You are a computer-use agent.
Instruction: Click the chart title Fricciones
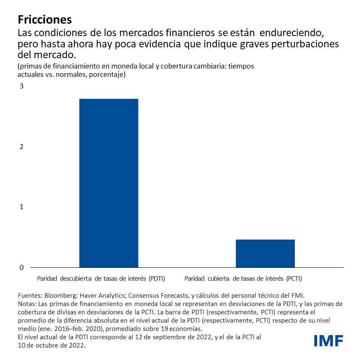(x=45, y=20)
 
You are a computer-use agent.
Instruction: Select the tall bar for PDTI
(x=109, y=183)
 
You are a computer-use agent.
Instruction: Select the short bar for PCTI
(x=265, y=253)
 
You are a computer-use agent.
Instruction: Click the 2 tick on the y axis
(x=20, y=147)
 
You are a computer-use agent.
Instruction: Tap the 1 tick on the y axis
(x=20, y=207)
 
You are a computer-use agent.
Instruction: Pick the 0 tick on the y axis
(x=20, y=267)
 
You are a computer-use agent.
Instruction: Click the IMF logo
(x=328, y=341)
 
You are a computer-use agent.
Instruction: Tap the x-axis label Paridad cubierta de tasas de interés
(x=243, y=278)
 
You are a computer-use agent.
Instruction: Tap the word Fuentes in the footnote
(x=30, y=296)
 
